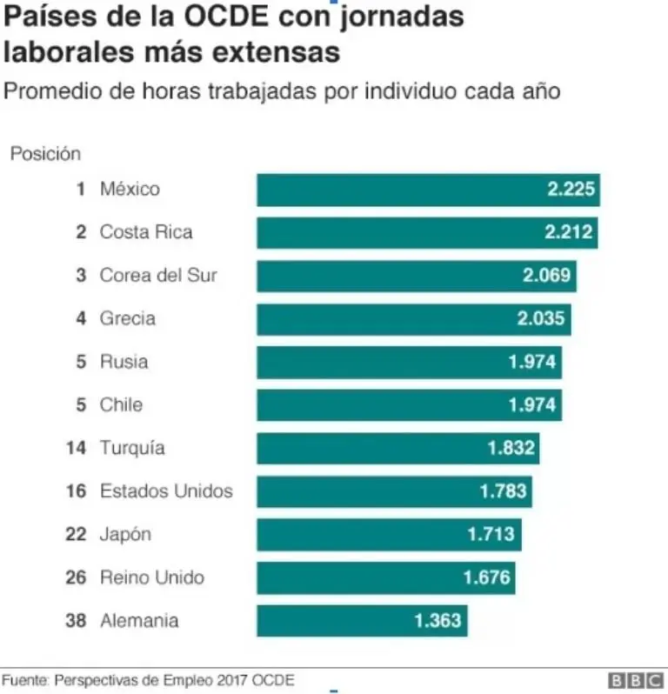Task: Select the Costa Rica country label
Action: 146,232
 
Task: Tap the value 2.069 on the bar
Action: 547,276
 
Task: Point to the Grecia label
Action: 128,318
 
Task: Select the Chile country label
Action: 121,405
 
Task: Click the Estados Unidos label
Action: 166,491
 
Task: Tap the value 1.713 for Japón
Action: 491,534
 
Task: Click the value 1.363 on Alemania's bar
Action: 438,621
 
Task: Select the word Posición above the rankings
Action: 45,154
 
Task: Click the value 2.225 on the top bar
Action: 571,190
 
